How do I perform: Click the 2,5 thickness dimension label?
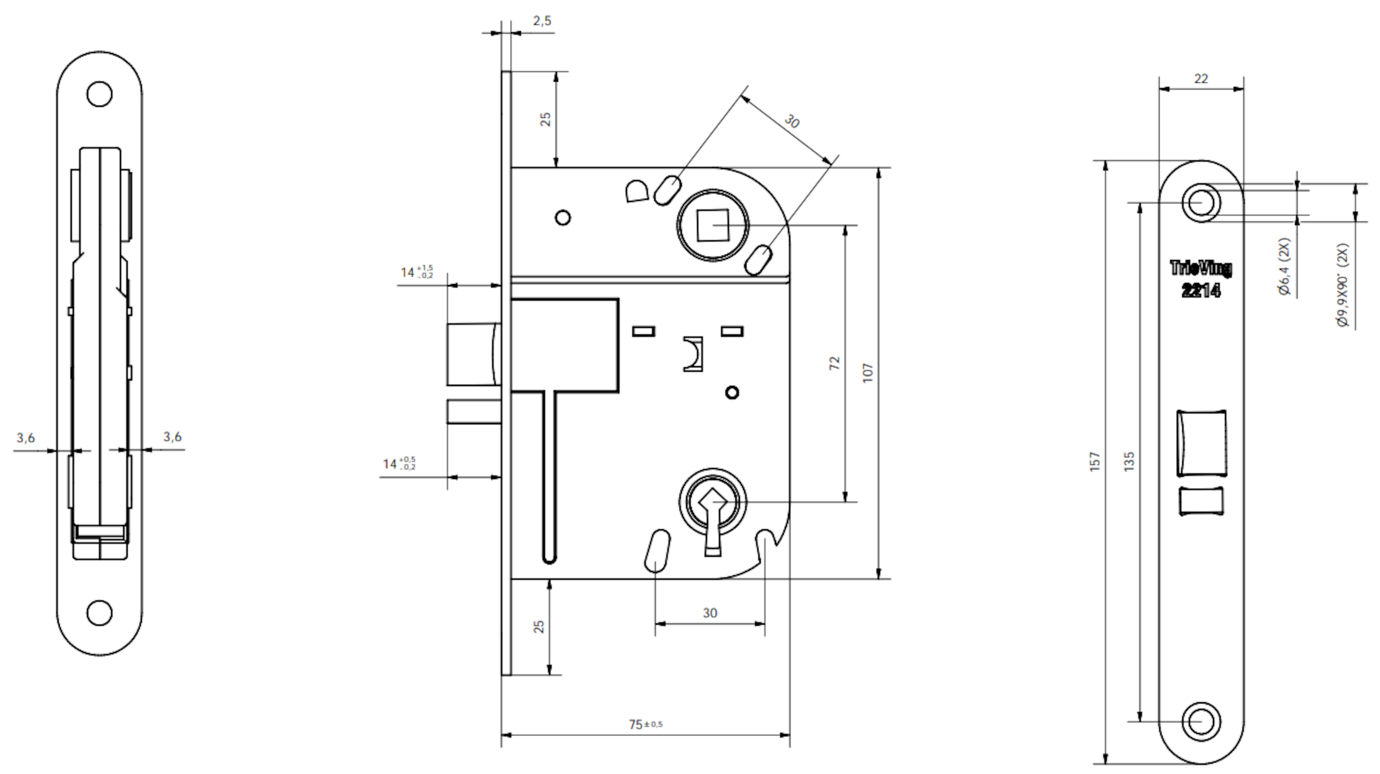click(x=542, y=21)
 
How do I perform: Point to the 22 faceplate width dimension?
click(x=1201, y=79)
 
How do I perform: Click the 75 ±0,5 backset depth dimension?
click(x=646, y=724)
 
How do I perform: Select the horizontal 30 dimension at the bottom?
click(x=710, y=613)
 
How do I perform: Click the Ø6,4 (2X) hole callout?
click(x=1284, y=266)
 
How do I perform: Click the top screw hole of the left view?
click(x=100, y=94)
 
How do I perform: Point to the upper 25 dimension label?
click(x=545, y=119)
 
